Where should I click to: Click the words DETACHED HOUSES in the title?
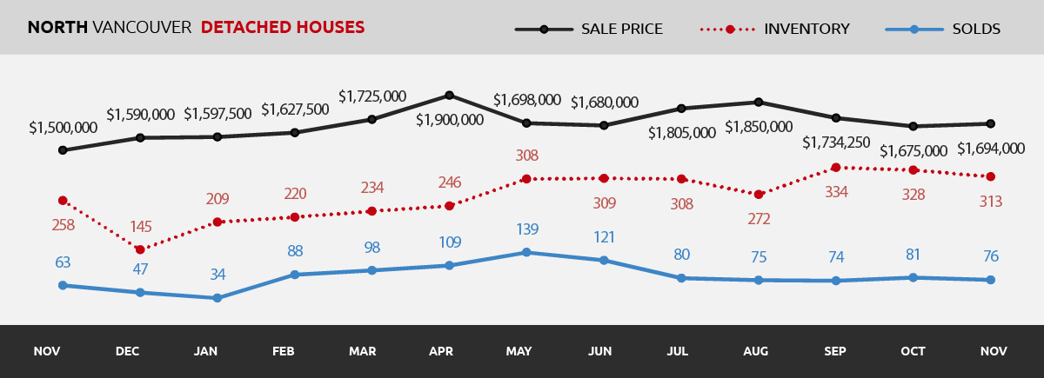tap(283, 28)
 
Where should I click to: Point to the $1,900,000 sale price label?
tap(449, 120)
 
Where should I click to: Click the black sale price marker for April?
tap(449, 95)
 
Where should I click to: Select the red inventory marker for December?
tap(140, 249)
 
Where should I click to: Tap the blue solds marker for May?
tap(526, 253)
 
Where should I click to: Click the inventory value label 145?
tap(140, 227)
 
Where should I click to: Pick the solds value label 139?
tap(526, 230)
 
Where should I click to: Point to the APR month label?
tap(441, 352)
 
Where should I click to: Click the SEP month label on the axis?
tap(835, 352)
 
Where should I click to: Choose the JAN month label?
tap(206, 352)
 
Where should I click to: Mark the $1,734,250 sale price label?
tap(836, 143)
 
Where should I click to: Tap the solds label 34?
tap(217, 275)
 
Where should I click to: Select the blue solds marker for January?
tap(217, 298)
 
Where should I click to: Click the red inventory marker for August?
tap(759, 195)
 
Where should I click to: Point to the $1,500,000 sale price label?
tap(63, 128)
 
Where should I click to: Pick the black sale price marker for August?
tap(759, 102)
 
